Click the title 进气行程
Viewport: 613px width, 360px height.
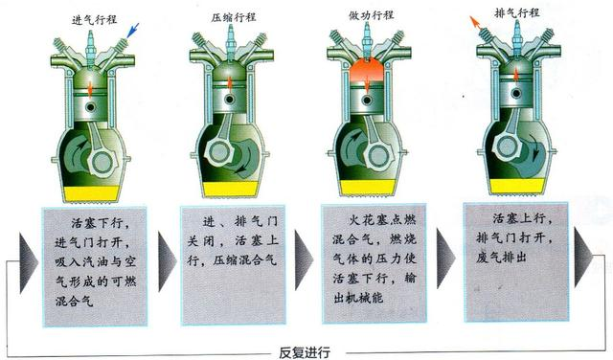pos(94,19)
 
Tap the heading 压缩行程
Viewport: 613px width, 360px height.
pos(234,17)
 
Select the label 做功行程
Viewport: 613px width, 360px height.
pos(371,15)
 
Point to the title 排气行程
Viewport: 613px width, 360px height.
pos(517,12)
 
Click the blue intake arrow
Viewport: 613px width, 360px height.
pos(133,30)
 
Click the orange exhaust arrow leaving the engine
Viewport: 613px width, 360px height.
pos(476,23)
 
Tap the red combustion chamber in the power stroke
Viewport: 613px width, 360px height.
pos(367,71)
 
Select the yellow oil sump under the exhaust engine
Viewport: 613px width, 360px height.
pos(517,186)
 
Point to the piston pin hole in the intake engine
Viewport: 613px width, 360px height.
pos(91,107)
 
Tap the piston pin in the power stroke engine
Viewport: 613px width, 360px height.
pos(367,101)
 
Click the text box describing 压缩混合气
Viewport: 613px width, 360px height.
pos(233,265)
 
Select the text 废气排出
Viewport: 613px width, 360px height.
pos(501,257)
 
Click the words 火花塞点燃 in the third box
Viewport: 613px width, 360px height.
pos(382,220)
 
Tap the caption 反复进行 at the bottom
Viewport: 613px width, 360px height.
pos(305,352)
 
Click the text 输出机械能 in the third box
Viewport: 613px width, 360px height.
pos(375,288)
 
